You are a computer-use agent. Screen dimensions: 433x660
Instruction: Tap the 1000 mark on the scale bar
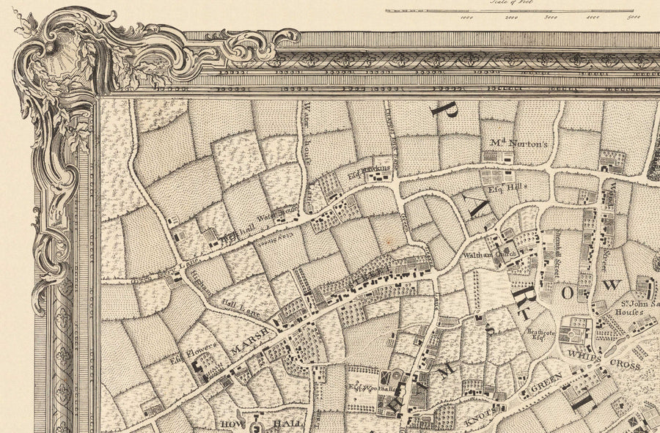click(x=467, y=18)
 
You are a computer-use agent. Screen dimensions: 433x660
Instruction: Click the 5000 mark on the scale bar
click(x=634, y=18)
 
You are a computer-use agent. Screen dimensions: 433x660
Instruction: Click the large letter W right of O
click(x=612, y=285)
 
